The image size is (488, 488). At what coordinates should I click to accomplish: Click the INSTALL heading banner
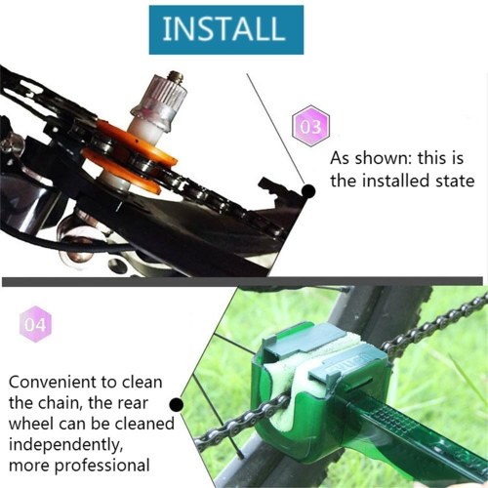pyautogui.click(x=226, y=29)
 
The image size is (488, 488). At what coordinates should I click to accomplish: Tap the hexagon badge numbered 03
pyautogui.click(x=310, y=126)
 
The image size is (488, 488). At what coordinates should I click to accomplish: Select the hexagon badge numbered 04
pyautogui.click(x=35, y=324)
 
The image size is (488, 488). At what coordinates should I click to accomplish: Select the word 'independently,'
pyautogui.click(x=65, y=445)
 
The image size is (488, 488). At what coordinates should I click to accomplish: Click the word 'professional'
pyautogui.click(x=102, y=466)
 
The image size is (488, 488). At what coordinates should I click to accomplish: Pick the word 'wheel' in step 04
pyautogui.click(x=31, y=424)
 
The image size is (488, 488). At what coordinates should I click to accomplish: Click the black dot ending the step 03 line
pyautogui.click(x=307, y=191)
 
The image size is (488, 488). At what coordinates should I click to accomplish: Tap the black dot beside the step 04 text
pyautogui.click(x=177, y=404)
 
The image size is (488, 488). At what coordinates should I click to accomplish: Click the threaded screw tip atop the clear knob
pyautogui.click(x=176, y=76)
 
